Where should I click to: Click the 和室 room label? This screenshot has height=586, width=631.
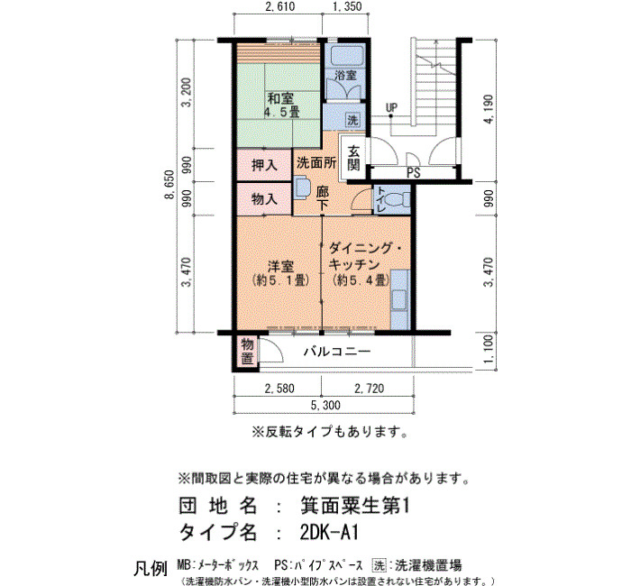[280, 98]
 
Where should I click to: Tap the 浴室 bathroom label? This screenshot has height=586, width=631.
[345, 75]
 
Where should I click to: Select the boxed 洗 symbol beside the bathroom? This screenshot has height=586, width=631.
[352, 120]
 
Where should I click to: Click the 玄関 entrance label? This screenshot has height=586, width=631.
[353, 158]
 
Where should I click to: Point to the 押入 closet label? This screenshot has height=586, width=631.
[264, 165]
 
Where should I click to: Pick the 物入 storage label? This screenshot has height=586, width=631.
[264, 199]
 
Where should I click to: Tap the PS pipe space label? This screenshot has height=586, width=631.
[413, 173]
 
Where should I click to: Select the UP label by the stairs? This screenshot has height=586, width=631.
[391, 108]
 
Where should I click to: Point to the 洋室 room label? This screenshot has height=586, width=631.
[280, 267]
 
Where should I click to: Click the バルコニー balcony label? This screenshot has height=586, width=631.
[337, 352]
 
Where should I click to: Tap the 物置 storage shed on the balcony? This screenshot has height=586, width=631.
[247, 352]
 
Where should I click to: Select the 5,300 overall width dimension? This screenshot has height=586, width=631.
[325, 405]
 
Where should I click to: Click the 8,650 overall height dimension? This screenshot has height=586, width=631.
[170, 184]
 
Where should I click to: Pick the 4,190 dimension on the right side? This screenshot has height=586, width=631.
[489, 109]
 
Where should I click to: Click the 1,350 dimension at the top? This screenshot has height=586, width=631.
[347, 7]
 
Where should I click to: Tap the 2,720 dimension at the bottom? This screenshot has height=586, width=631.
[369, 389]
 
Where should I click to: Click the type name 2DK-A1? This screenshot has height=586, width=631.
[329, 533]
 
